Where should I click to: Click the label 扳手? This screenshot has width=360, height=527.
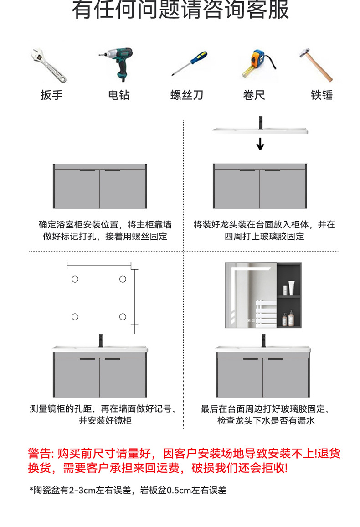51,95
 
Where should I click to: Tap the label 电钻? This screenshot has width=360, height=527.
119,95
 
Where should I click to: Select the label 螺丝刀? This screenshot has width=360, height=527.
187,95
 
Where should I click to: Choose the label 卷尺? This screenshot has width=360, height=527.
254,95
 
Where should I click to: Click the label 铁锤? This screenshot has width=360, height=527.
322,95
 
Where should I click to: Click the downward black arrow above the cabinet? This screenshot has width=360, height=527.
260,144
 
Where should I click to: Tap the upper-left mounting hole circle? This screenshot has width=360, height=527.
75,279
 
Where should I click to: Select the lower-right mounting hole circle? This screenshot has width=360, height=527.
123,316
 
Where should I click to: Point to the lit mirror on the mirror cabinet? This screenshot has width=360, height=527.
251,295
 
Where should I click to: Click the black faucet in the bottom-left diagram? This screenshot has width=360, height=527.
101,340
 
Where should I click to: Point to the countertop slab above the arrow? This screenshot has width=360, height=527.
260,131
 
